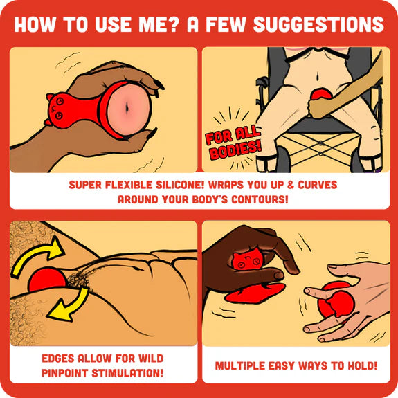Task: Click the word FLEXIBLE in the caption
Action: [x=129, y=185]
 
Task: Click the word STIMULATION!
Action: [x=129, y=372]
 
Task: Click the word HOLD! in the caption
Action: [x=359, y=365]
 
